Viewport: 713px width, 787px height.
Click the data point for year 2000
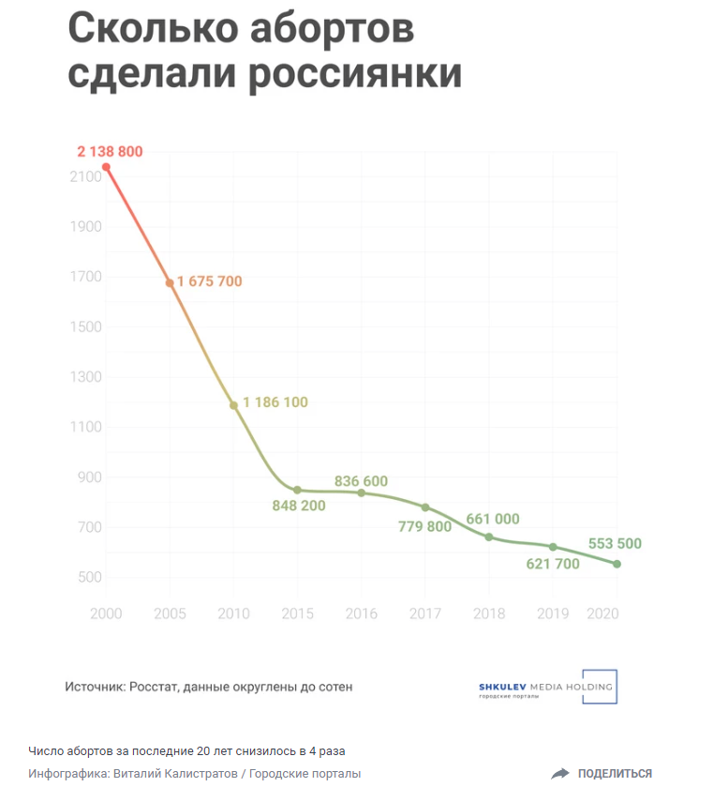[x=106, y=167]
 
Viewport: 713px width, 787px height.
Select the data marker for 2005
[x=170, y=282]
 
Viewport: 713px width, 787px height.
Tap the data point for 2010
[x=233, y=405]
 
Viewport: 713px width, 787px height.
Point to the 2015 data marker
[x=297, y=490]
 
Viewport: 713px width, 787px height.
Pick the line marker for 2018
[x=489, y=537]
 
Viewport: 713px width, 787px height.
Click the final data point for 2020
[x=616, y=564]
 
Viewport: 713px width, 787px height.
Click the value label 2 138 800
[x=110, y=151]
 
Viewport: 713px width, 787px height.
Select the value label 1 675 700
[x=209, y=281]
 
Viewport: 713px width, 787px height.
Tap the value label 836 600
[x=361, y=481]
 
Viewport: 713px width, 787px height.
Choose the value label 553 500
[x=615, y=544]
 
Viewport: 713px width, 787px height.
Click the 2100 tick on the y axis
[x=82, y=176]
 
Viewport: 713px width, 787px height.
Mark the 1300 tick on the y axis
[x=82, y=377]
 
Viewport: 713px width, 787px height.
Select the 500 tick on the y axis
[x=86, y=577]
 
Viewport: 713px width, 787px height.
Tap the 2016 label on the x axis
[x=361, y=613]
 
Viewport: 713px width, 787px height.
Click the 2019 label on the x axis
[x=553, y=613]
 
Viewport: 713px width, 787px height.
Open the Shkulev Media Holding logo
[x=548, y=688]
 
